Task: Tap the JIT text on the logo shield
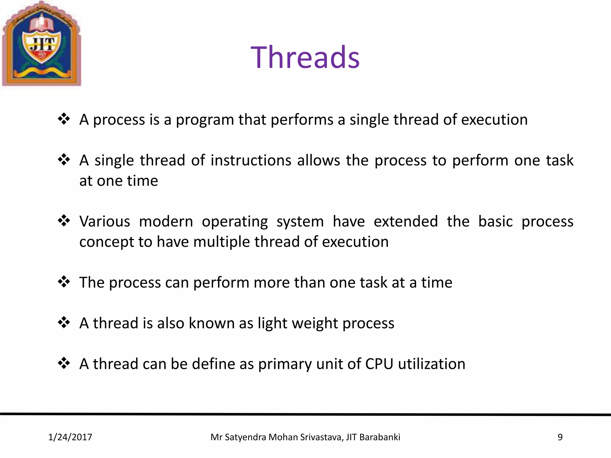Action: tap(43, 44)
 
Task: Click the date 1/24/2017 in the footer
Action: tap(70, 437)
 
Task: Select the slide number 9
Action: tap(560, 437)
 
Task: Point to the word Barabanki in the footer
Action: tap(380, 437)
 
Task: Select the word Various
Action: tap(105, 222)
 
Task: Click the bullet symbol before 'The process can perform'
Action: tap(64, 282)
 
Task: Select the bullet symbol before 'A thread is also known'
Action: tap(64, 323)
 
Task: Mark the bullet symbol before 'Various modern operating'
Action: tap(64, 221)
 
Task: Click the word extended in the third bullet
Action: tap(406, 222)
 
